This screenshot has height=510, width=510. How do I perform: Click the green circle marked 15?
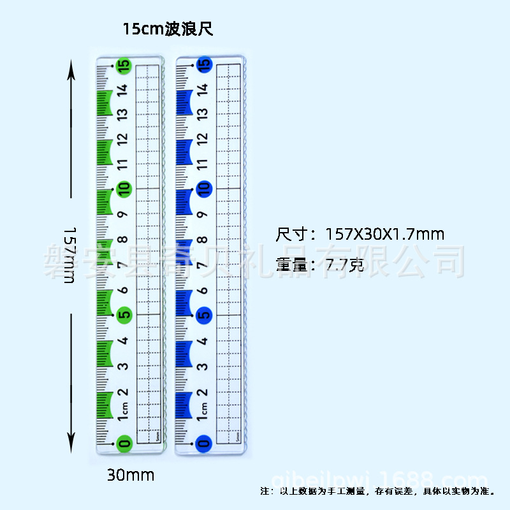[124, 64]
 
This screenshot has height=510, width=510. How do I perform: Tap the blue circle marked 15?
[204, 64]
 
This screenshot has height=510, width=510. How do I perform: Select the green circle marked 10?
[124, 189]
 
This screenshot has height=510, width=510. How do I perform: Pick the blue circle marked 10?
[204, 189]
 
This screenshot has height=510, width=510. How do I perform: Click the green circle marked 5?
[124, 314]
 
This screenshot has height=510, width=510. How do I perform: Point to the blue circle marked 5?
[204, 314]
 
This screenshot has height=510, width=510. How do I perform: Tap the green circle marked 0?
[124, 442]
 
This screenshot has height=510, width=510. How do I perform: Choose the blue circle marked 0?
[204, 442]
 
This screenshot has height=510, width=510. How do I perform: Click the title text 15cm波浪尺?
[168, 29]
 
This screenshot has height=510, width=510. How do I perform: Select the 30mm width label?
[131, 475]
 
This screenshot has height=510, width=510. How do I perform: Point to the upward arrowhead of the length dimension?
[71, 71]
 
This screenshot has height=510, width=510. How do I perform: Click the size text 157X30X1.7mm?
[384, 234]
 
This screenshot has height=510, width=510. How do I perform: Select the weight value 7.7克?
[344, 263]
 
